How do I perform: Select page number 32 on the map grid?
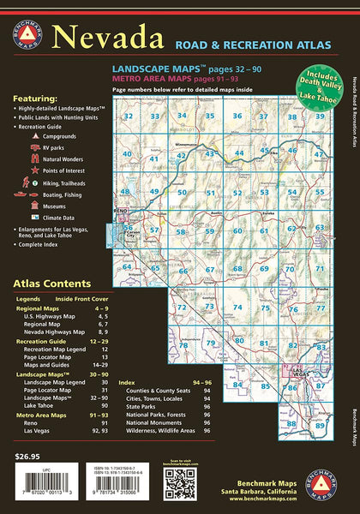128,117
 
